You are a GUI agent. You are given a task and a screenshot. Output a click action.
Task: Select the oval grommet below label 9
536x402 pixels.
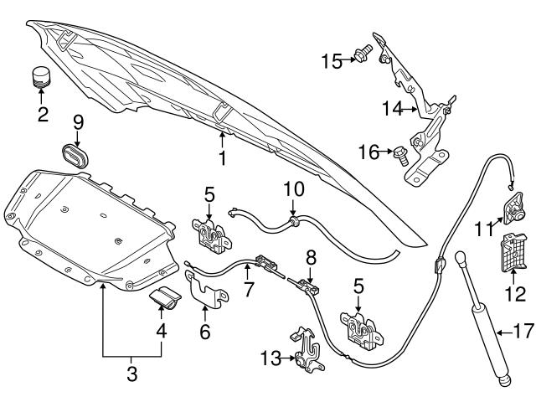coord(78,157)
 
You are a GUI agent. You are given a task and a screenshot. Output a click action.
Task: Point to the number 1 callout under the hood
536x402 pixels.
coord(222,156)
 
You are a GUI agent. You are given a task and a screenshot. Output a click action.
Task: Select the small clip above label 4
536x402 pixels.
coord(164,299)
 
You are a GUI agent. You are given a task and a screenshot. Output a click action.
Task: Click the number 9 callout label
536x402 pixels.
coord(78,121)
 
